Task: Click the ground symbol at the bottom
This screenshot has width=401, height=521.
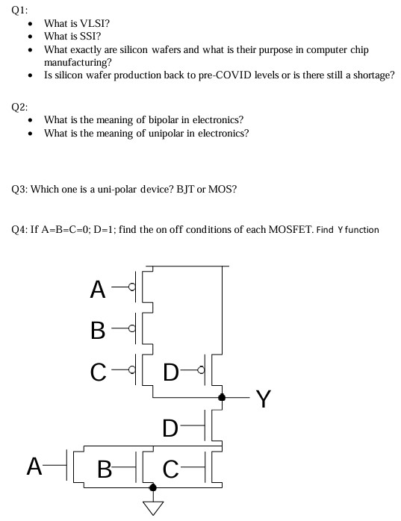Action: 154,508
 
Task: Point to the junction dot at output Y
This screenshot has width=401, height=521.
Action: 221,398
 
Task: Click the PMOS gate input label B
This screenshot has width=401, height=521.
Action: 97,329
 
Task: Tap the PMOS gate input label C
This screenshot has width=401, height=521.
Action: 97,370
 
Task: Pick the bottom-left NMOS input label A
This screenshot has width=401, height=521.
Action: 34,467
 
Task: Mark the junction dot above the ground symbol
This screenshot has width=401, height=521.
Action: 154,487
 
